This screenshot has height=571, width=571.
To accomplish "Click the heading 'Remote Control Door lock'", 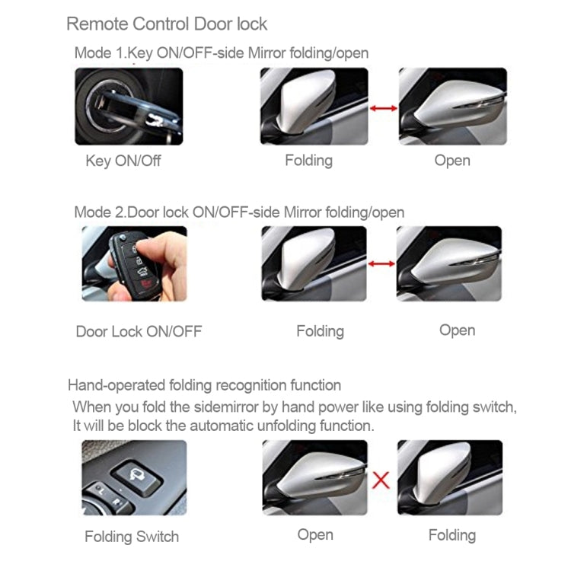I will coord(167,24).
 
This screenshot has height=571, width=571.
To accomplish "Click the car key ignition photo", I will coord(129,107).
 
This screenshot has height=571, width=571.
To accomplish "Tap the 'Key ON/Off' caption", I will coord(123,161).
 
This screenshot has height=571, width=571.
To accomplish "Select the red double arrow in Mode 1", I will coord(383,109).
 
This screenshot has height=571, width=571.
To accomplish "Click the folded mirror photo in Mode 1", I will coord(314,107).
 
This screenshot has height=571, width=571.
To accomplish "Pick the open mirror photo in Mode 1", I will coord(452,107).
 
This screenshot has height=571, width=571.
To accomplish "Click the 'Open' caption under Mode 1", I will coord(452,161).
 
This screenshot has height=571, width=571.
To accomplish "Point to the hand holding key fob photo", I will coord(134,264).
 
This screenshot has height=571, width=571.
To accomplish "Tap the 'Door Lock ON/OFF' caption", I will coord(139,331).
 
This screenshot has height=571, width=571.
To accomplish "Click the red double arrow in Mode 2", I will coord(381,264).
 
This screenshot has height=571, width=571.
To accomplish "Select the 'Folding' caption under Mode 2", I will coord(320,331).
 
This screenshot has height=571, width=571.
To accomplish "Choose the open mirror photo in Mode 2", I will coord(448,263).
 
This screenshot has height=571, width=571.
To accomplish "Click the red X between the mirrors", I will coord(381,480).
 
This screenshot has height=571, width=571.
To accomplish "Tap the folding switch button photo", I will coord(133,477).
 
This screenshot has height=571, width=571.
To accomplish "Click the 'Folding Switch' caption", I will coord(132,537).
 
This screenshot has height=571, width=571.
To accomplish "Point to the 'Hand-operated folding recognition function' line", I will coord(204,385).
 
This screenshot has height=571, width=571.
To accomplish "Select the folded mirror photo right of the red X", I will coord(449,477).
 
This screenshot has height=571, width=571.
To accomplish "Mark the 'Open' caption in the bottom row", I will coord(315,534).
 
